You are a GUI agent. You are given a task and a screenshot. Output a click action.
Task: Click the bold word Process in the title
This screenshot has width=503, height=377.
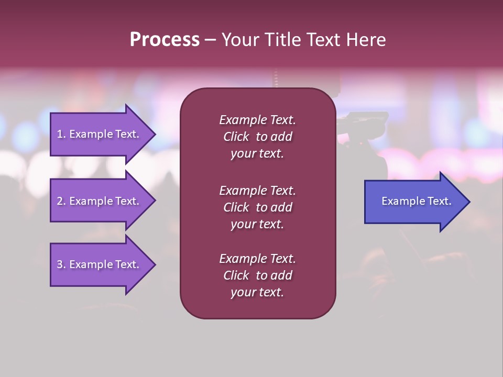click(165, 40)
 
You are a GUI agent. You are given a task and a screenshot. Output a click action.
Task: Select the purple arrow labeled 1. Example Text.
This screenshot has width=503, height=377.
click(100, 134)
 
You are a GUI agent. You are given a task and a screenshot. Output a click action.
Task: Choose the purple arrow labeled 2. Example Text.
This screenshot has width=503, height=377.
click(100, 201)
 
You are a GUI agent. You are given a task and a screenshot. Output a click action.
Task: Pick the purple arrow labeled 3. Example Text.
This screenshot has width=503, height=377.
click(100, 264)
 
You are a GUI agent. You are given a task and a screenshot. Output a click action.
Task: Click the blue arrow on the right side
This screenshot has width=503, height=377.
click(414, 202)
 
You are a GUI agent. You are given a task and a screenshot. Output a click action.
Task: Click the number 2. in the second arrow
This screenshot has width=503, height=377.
click(61, 201)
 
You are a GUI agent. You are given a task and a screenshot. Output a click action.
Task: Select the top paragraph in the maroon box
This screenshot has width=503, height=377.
click(257, 137)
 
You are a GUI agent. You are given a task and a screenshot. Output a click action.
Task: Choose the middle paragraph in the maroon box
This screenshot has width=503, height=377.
click(257, 207)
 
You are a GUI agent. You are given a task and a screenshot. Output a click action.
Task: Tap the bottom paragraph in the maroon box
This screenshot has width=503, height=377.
click(257, 275)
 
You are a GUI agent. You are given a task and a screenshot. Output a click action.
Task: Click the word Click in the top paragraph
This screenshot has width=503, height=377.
click(236, 137)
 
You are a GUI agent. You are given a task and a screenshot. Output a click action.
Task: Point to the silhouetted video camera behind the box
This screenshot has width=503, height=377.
click(362, 126)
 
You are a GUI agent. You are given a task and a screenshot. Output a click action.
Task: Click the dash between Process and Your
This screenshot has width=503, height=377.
click(210, 40)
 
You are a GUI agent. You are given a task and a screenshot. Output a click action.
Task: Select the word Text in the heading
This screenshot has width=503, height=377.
click(323, 40)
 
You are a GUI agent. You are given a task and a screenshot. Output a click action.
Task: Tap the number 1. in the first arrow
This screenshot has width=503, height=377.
click(61, 134)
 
